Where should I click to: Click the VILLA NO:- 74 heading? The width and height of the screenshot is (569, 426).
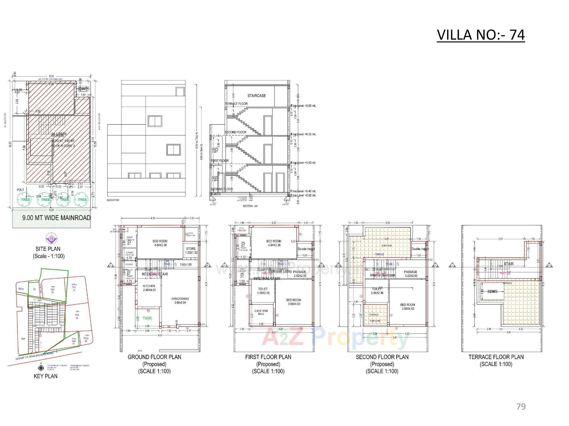pyautogui.click(x=481, y=35)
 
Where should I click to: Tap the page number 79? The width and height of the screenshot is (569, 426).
pyautogui.click(x=521, y=406)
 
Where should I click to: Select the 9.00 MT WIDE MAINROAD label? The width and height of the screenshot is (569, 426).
pyautogui.click(x=56, y=218)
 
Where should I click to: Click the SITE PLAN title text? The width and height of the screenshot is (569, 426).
pyautogui.click(x=48, y=249)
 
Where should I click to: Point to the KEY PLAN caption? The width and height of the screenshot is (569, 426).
pyautogui.click(x=45, y=376)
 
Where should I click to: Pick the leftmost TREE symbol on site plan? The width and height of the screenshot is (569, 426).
pyautogui.click(x=25, y=199)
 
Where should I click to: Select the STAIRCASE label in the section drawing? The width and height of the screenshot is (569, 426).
pyautogui.click(x=257, y=96)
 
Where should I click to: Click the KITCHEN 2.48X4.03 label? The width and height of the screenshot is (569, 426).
pyautogui.click(x=149, y=288)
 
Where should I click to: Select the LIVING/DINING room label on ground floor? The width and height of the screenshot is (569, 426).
pyautogui.click(x=180, y=301)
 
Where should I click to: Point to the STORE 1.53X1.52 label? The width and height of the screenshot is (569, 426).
pyautogui.click(x=191, y=251)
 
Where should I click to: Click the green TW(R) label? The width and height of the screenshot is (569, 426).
pyautogui.click(x=147, y=318)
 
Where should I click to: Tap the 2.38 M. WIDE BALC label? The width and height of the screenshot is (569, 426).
pyautogui.click(x=261, y=312)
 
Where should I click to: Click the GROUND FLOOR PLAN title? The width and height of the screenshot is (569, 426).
pyautogui.click(x=154, y=357)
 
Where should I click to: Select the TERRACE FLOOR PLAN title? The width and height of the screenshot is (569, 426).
pyautogui.click(x=496, y=357)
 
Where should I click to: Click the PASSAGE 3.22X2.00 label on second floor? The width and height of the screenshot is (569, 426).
pyautogui.click(x=410, y=274)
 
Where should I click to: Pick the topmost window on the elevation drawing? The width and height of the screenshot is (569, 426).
pyautogui.click(x=180, y=91)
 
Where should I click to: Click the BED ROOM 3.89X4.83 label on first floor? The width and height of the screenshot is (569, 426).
pyautogui.click(x=293, y=302)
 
